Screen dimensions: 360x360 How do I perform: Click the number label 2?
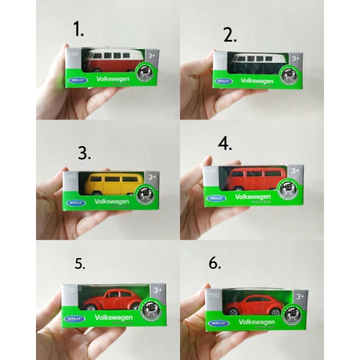(x=231, y=35)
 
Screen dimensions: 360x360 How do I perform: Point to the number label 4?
(x=225, y=143)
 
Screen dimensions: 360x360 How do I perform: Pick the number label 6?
(x=215, y=263)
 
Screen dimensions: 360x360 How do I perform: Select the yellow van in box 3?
(x=114, y=184)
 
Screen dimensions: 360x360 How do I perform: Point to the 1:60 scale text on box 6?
(x=214, y=295)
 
